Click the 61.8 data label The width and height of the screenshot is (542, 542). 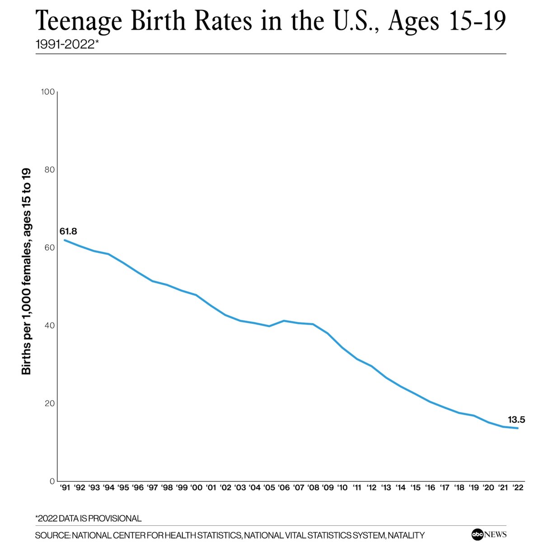tap(68, 232)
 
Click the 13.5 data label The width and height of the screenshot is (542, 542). tap(516, 420)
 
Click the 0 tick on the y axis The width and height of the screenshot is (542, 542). tap(52, 481)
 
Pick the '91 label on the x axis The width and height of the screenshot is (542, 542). tap(65, 488)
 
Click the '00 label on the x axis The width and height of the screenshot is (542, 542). tap(196, 488)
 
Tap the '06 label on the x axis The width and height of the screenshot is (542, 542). tap(284, 488)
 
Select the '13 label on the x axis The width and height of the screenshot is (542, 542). tap(386, 488)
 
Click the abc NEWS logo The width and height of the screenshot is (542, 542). tap(489, 534)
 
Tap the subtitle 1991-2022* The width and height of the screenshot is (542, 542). tap(67, 45)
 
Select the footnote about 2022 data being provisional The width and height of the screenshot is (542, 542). tap(88, 519)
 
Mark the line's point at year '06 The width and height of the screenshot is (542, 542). tap(284, 321)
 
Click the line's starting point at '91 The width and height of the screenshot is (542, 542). tap(65, 240)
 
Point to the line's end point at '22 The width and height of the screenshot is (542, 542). tap(517, 428)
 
